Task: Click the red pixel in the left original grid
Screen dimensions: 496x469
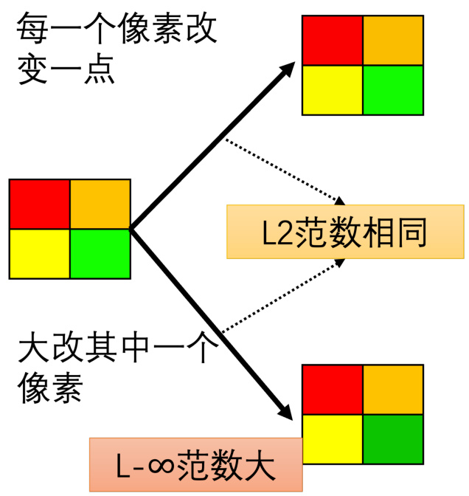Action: tap(40, 204)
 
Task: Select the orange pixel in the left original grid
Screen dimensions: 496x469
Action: tap(100, 204)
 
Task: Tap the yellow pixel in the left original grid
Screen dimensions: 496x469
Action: tap(40, 254)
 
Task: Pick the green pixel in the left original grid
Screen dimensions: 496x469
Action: tap(100, 254)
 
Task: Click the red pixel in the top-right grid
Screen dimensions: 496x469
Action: tap(333, 40)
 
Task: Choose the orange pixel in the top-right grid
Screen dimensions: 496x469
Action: tap(393, 40)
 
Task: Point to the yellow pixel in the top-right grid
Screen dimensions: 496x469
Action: tap(333, 90)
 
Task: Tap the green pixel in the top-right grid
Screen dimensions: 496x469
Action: tap(393, 90)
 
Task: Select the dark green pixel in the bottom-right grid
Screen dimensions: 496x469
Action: tap(393, 438)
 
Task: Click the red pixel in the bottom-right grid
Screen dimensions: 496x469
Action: tap(333, 389)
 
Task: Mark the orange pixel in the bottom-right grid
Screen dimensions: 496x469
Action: tap(393, 389)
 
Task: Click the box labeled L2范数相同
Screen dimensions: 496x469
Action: tap(345, 232)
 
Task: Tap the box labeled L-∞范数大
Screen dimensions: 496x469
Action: tap(195, 464)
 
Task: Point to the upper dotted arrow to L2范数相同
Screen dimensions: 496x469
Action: tap(284, 170)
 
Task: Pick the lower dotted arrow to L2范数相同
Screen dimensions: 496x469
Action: tap(284, 295)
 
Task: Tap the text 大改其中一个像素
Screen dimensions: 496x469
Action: tap(111, 365)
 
